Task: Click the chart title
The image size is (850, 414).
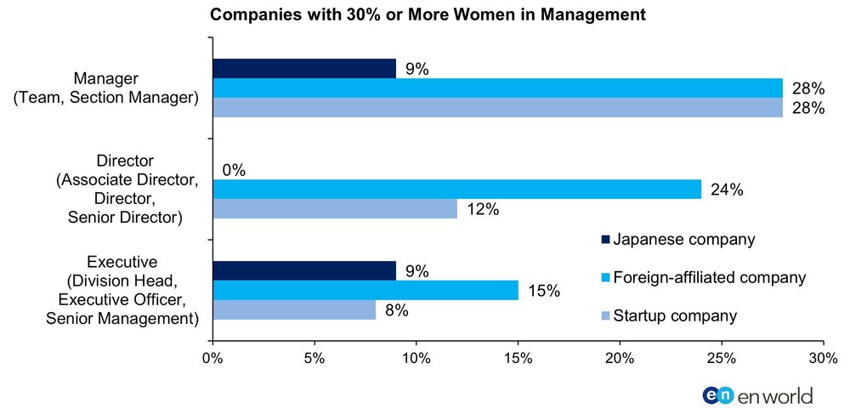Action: coord(428,14)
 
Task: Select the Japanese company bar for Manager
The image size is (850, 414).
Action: coord(304,68)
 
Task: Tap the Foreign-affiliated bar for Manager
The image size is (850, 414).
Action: coord(497,88)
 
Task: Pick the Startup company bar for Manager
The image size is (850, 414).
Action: coord(497,107)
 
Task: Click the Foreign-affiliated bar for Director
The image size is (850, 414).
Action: coord(457,189)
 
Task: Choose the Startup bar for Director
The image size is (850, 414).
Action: coord(335,208)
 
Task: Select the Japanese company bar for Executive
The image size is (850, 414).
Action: coord(304,271)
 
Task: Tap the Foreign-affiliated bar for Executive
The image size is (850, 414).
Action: coord(365,291)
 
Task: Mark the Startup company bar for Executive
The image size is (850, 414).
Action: coord(294,310)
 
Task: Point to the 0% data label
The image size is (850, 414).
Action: coord(234,171)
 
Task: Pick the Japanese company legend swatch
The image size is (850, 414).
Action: coord(606,240)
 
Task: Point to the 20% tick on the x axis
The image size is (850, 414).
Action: coord(620,358)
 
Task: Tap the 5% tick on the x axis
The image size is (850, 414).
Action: coord(314,358)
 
